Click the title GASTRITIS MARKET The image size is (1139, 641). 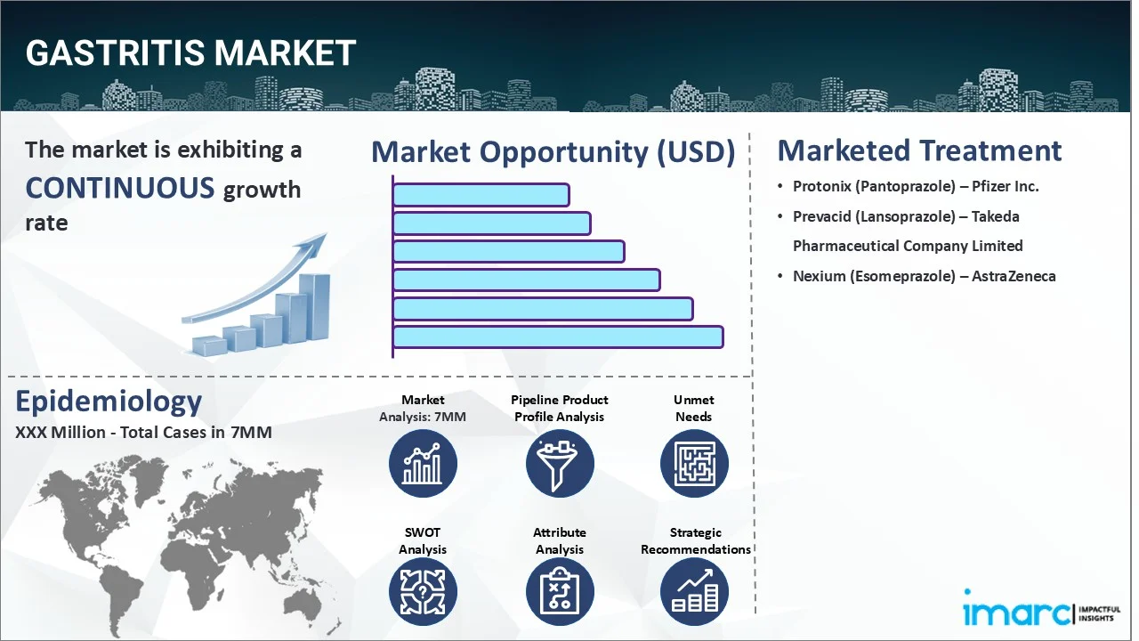(x=190, y=54)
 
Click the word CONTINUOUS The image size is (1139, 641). (x=120, y=188)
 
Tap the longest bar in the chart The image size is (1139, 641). (x=557, y=337)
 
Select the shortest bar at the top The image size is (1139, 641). (x=481, y=195)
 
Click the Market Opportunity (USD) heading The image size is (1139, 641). (x=553, y=152)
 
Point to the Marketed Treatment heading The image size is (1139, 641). (x=919, y=150)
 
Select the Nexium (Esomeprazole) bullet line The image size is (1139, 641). (x=924, y=276)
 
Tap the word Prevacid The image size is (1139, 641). (x=823, y=216)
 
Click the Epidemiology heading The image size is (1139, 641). (x=109, y=402)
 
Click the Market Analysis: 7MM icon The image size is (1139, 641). (x=423, y=463)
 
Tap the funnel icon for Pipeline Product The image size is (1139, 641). (x=560, y=463)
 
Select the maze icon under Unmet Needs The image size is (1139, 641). (x=694, y=463)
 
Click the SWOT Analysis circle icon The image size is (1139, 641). (x=423, y=592)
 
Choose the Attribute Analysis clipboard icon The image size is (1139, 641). (x=560, y=592)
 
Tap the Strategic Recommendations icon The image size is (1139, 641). (x=694, y=592)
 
